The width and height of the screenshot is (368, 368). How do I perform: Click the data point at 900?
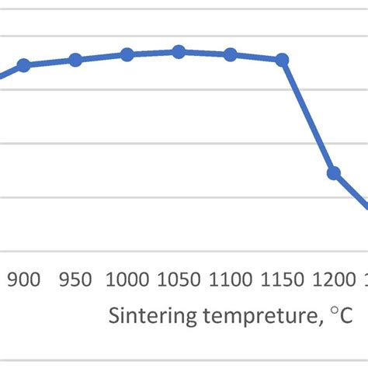tap(23, 65)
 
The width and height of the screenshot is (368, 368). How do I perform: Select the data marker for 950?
tap(75, 60)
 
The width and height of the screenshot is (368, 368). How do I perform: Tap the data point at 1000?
tap(127, 54)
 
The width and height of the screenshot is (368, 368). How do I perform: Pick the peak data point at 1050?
tap(179, 51)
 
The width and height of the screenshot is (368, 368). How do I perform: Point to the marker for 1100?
tap(231, 54)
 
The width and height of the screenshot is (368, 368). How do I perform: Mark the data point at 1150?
tap(283, 60)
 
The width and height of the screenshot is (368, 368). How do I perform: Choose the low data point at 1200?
tap(334, 172)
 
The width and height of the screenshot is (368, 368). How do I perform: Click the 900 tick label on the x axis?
tap(23, 280)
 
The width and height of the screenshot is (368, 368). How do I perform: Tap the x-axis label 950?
tap(75, 280)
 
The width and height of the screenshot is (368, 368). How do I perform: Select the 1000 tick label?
tap(127, 280)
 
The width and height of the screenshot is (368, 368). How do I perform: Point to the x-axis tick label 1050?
tap(179, 280)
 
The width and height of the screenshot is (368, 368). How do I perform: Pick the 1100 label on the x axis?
tap(231, 280)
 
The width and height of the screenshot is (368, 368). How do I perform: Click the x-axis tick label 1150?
tap(283, 280)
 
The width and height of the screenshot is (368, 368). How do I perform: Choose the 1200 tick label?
tap(334, 280)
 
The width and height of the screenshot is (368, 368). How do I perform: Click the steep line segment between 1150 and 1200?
tap(308, 116)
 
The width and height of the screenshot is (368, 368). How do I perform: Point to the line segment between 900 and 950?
tap(50, 62)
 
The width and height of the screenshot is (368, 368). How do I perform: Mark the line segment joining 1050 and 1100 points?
tap(205, 53)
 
